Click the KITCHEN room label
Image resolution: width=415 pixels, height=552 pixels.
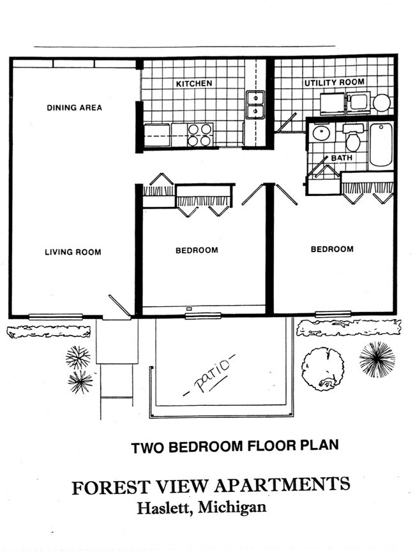(193, 84)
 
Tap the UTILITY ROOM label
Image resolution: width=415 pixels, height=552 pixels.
(334, 82)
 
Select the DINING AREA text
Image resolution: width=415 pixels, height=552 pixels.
(74, 108)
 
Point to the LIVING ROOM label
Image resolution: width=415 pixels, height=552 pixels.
(73, 252)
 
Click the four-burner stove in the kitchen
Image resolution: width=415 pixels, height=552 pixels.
(200, 135)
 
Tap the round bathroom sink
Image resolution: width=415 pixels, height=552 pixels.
(321, 134)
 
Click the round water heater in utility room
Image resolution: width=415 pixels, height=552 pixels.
(382, 103)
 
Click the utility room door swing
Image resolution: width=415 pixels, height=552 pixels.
(285, 124)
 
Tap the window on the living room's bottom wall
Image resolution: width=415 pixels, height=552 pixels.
(56, 317)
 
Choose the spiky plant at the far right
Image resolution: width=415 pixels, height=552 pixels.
(377, 359)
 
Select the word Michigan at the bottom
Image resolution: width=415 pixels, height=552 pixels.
(232, 508)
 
